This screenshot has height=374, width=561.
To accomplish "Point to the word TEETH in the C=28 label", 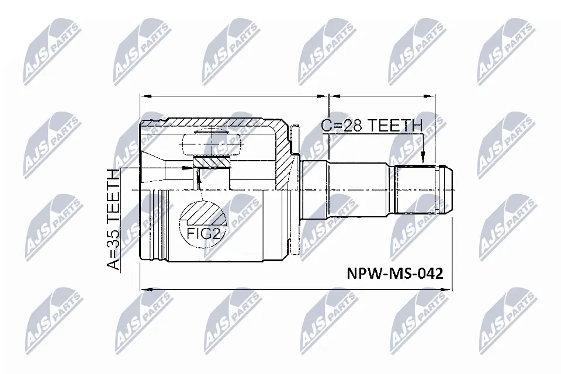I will [397, 125].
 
